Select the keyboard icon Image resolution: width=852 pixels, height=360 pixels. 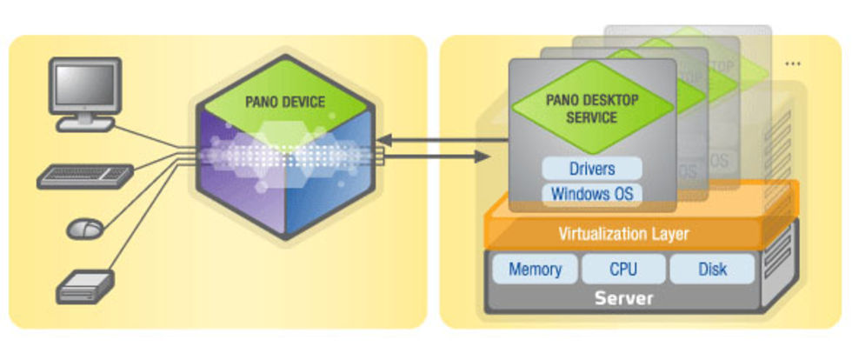[x=85, y=176]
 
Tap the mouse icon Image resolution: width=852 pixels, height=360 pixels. [x=85, y=229]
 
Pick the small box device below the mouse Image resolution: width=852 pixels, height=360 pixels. [x=85, y=285]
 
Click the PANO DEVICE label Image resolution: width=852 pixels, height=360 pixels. [x=285, y=102]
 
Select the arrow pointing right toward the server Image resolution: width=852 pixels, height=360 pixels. [x=435, y=157]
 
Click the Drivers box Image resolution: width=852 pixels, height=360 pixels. [x=593, y=168]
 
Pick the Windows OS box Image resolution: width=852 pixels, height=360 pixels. [x=593, y=194]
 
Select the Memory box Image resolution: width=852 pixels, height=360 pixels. [x=535, y=270]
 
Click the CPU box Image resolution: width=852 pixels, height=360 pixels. [x=623, y=270]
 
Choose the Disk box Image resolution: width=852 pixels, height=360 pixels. [x=712, y=270]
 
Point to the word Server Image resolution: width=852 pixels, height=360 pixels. [x=623, y=299]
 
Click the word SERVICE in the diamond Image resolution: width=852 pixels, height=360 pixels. [x=592, y=117]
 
